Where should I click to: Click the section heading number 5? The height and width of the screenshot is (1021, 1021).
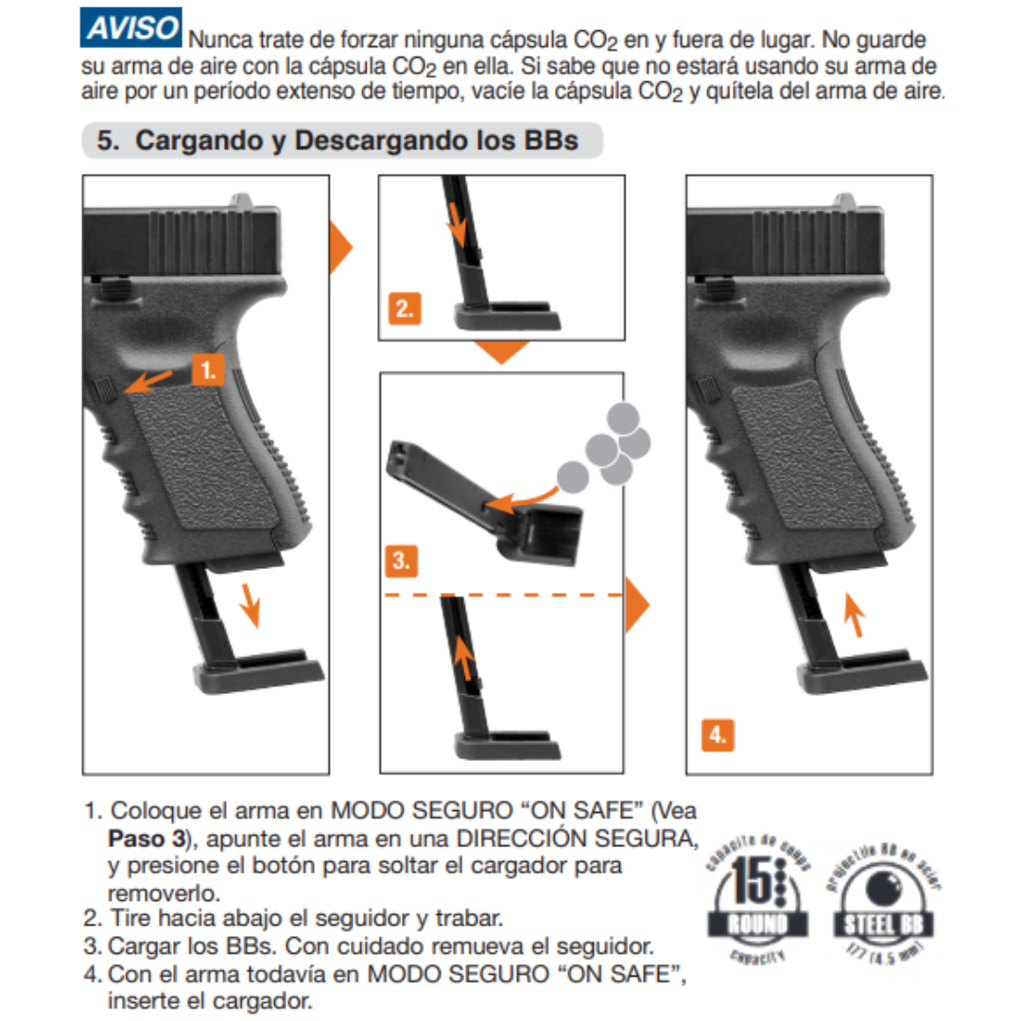tap(109, 140)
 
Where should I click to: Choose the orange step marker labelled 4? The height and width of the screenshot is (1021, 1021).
tap(718, 734)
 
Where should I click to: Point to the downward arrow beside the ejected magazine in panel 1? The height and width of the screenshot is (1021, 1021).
tap(251, 605)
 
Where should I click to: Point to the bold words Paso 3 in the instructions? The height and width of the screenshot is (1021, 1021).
tap(140, 839)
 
